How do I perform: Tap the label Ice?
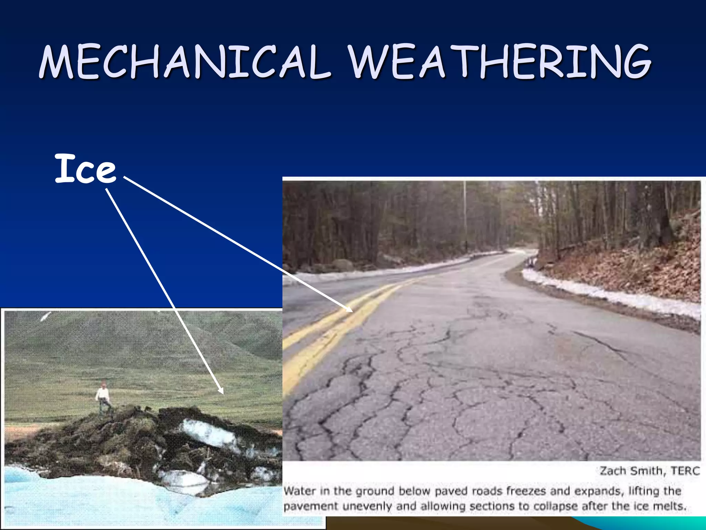tap(85, 169)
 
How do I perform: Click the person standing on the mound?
tap(103, 397)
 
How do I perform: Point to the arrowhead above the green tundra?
tap(221, 391)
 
